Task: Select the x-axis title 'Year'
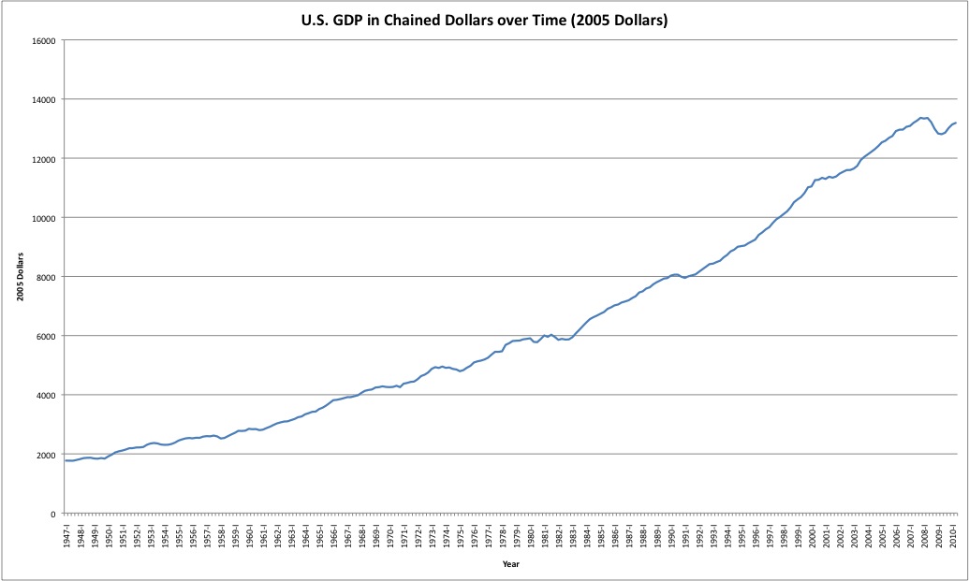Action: click(x=511, y=564)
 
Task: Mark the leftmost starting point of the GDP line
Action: click(x=65, y=460)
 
